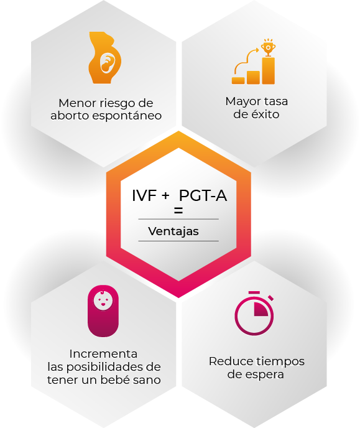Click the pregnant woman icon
[104, 58]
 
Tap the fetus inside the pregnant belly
[107, 63]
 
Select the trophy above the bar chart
[268, 48]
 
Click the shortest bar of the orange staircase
[238, 80]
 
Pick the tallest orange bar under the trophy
[269, 71]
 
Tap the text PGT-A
[203, 195]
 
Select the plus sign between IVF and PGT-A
[165, 196]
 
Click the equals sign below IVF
[178, 210]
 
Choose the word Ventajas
[173, 231]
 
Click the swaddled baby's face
[103, 300]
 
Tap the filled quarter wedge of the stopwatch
[261, 310]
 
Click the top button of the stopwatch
[254, 293]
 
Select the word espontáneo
[127, 116]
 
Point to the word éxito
[264, 114]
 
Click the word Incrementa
[103, 354]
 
